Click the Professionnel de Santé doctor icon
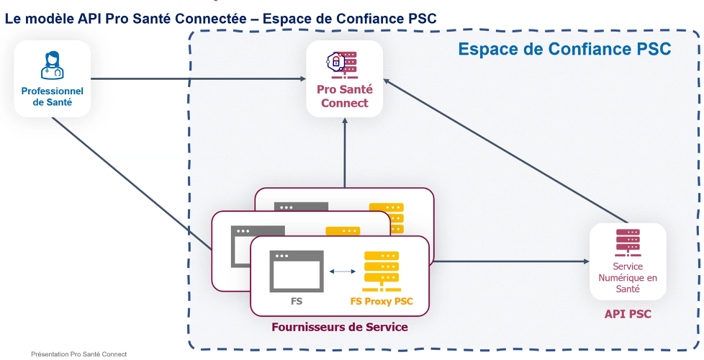tap(52, 65)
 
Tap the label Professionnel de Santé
tap(52, 97)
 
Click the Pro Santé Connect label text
tap(344, 96)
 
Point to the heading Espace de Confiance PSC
tap(564, 49)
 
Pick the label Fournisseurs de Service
tap(340, 327)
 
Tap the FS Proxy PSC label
tap(382, 302)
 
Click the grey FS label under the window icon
tap(297, 302)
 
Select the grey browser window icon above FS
tap(296, 271)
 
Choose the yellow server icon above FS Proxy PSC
tap(382, 271)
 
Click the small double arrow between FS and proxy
tap(342, 271)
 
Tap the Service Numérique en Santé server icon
tap(628, 243)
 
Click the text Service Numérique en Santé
tap(628, 278)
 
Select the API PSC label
tap(628, 314)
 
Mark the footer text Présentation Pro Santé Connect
tap(78, 354)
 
